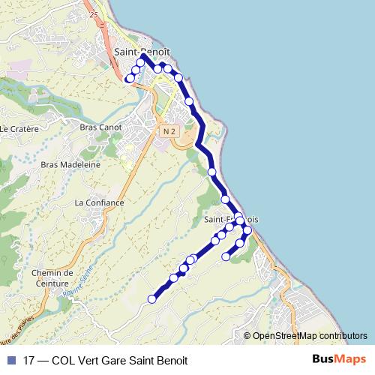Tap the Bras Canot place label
[100, 127]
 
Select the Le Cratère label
[19, 128]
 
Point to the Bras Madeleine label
[71, 164]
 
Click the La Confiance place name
[99, 202]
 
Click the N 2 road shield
[168, 130]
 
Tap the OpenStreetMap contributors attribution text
[310, 337]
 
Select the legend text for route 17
[105, 359]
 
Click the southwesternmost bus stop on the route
[151, 299]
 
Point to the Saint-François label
[231, 220]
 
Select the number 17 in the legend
[30, 359]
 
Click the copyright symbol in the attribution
[247, 337]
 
